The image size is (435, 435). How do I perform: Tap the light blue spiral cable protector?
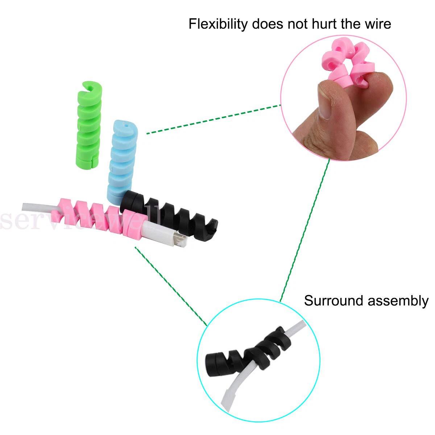pyautogui.click(x=122, y=159)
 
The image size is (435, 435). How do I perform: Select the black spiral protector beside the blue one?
pyautogui.click(x=170, y=214)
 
